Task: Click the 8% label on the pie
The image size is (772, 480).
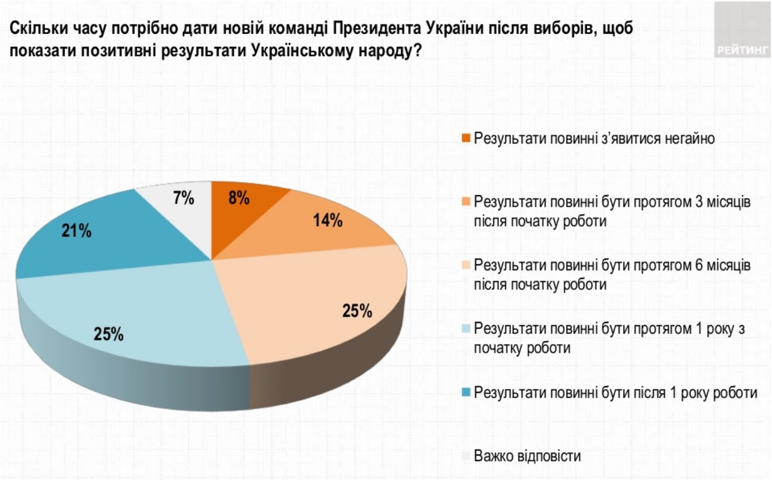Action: (x=239, y=198)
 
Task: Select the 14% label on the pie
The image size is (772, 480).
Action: (x=328, y=220)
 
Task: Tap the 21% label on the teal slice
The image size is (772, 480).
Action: (x=76, y=231)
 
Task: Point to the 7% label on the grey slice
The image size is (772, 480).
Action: (x=183, y=198)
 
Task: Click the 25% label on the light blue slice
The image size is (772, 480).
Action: (x=108, y=334)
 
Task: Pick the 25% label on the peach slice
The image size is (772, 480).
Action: (x=357, y=311)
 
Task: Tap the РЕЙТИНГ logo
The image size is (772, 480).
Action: (x=743, y=50)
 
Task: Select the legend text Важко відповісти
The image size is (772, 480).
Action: (x=527, y=456)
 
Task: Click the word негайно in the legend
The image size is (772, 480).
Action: (x=689, y=139)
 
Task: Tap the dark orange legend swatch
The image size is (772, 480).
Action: (x=466, y=139)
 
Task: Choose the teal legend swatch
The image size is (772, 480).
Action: (x=466, y=392)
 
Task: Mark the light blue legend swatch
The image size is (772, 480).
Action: (x=466, y=329)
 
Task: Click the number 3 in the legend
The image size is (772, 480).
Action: (x=699, y=202)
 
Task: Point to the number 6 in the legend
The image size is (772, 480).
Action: (x=699, y=266)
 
